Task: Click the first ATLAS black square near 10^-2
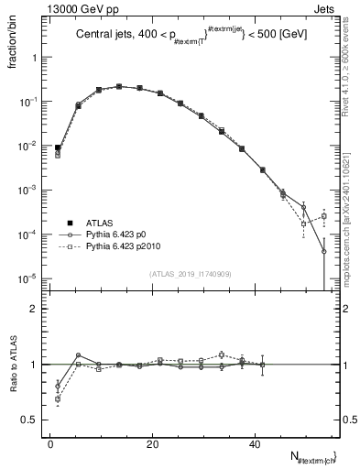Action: click(x=58, y=147)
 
